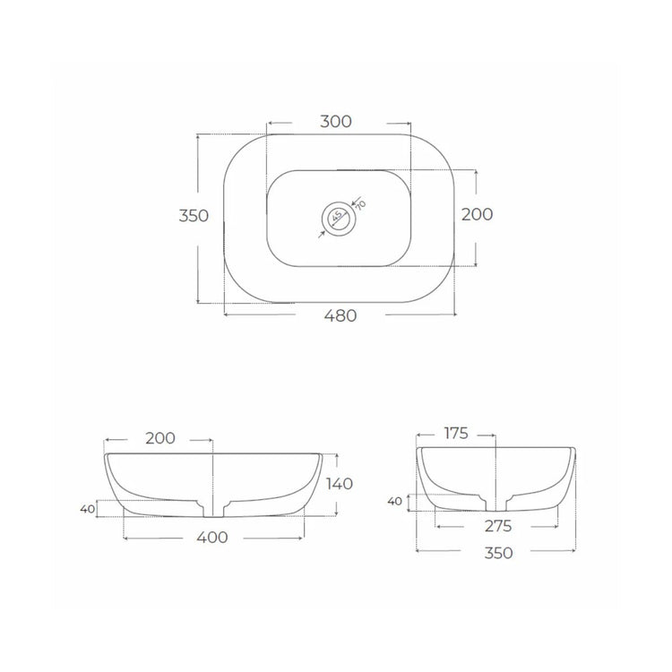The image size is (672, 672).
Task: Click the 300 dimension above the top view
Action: [x=336, y=122]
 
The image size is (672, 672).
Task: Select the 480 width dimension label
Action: [x=340, y=316]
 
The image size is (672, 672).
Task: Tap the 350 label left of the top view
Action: [x=194, y=216]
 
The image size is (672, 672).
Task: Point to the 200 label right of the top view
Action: [x=477, y=214]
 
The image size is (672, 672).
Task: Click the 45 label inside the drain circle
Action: [x=337, y=216]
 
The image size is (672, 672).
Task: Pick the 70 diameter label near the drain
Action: [x=360, y=205]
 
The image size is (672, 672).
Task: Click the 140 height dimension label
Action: [x=340, y=484]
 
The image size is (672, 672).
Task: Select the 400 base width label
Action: [x=212, y=538]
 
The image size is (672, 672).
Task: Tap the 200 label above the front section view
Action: [x=160, y=438]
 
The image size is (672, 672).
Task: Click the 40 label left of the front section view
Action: [x=88, y=509]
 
